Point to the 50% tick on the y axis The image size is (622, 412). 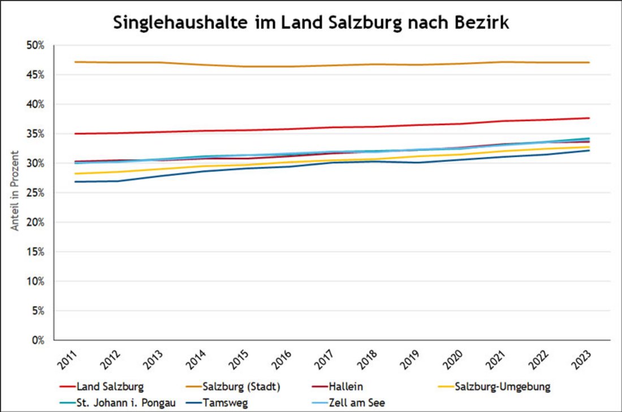[x=36, y=45]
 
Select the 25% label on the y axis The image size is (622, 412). [x=36, y=193]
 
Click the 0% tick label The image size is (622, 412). [x=38, y=340]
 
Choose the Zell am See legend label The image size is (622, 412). [x=356, y=403]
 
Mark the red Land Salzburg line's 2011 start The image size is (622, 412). [x=75, y=133]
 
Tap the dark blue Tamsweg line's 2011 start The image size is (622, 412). [x=75, y=181]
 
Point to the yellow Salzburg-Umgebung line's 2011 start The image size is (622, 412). [x=75, y=174]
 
